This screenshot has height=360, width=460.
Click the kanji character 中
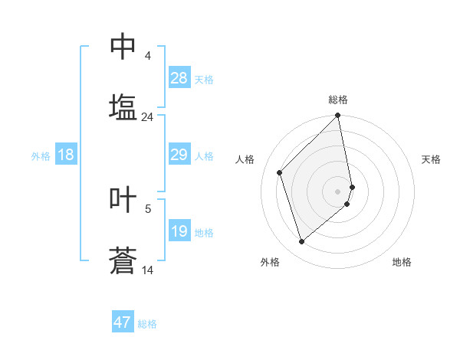(123, 46)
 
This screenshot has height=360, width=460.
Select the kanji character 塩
(123, 106)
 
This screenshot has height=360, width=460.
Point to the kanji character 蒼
(123, 260)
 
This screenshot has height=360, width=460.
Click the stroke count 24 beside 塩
(148, 117)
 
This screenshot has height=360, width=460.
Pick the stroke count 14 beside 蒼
(148, 270)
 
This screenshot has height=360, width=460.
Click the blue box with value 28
(179, 78)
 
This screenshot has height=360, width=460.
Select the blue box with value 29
(179, 155)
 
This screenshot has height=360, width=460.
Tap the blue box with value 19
(179, 231)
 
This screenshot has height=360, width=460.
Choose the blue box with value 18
(66, 155)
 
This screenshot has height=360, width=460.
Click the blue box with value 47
(123, 322)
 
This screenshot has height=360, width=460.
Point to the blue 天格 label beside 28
(203, 79)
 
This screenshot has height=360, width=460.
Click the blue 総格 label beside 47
(147, 323)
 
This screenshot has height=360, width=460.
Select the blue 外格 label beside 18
(41, 155)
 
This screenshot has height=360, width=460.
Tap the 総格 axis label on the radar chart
(338, 100)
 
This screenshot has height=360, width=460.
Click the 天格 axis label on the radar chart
(431, 159)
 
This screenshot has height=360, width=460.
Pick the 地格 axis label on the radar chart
(402, 262)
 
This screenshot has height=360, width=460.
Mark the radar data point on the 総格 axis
(338, 116)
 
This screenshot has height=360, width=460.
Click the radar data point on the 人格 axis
(280, 172)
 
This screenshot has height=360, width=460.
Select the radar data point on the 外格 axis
(302, 241)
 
